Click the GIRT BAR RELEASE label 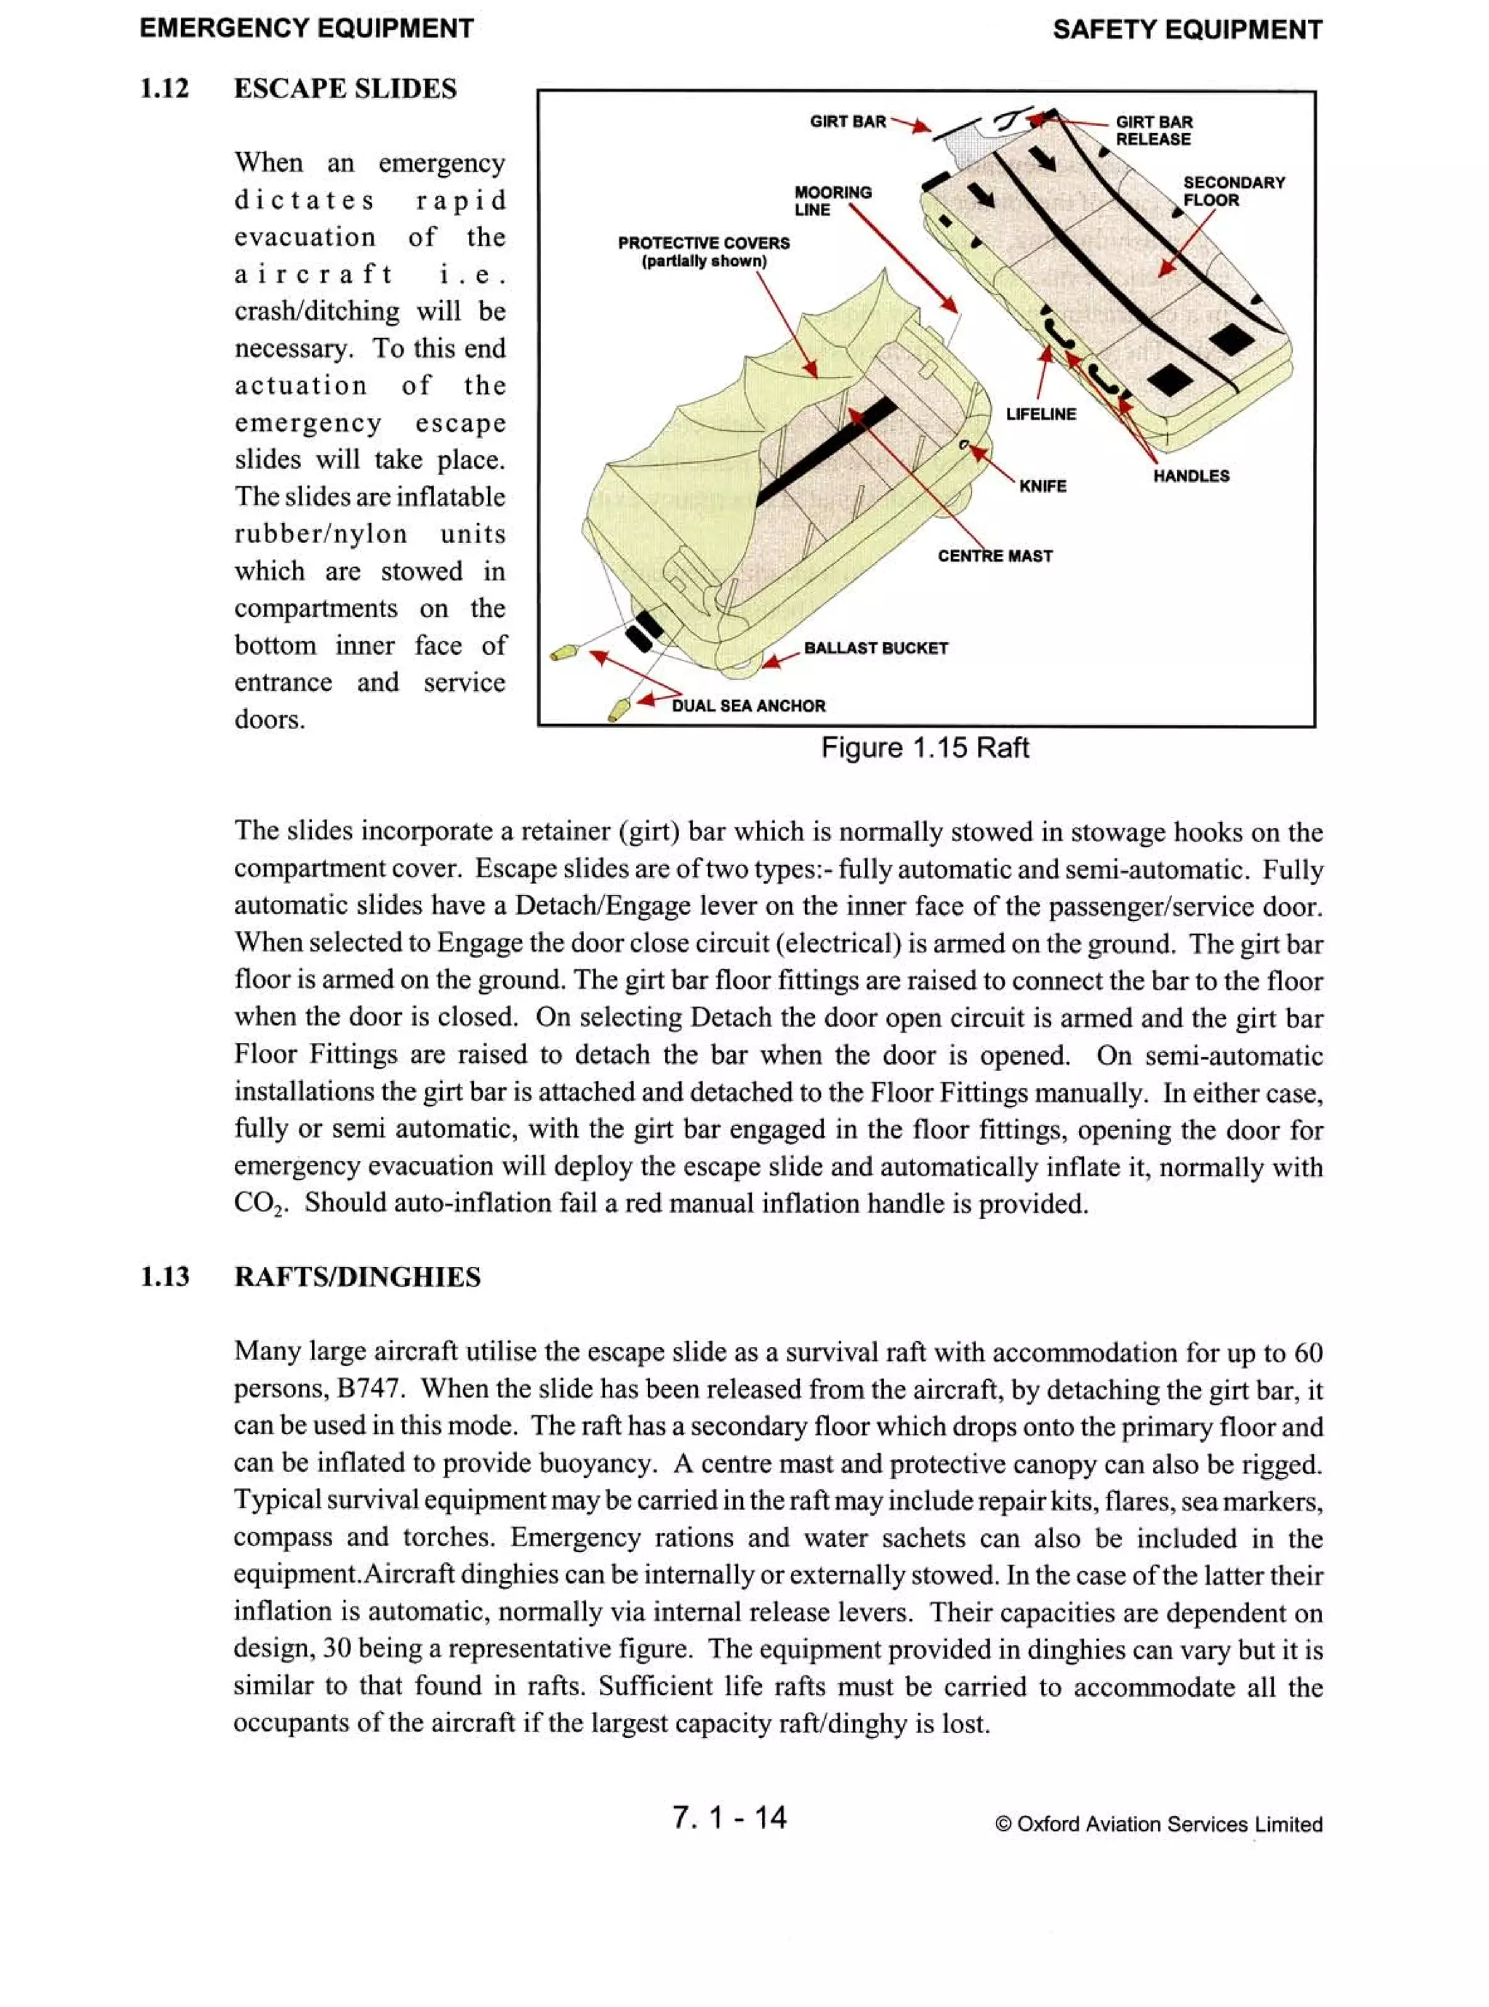pos(1154,131)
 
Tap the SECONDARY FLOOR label pos(1233,191)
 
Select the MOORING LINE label pos(832,201)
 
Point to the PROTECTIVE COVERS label pos(703,252)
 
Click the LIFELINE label pos(1040,414)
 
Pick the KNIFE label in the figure pos(1042,486)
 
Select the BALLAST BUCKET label pos(875,648)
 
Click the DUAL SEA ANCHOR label pos(748,706)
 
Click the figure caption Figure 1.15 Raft pos(924,748)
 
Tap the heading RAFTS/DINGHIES pos(357,1277)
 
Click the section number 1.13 pos(165,1277)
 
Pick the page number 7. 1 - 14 pos(729,1817)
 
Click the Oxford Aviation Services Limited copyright pos(1158,1824)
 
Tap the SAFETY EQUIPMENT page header pos(1186,30)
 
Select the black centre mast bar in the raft pos(824,451)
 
